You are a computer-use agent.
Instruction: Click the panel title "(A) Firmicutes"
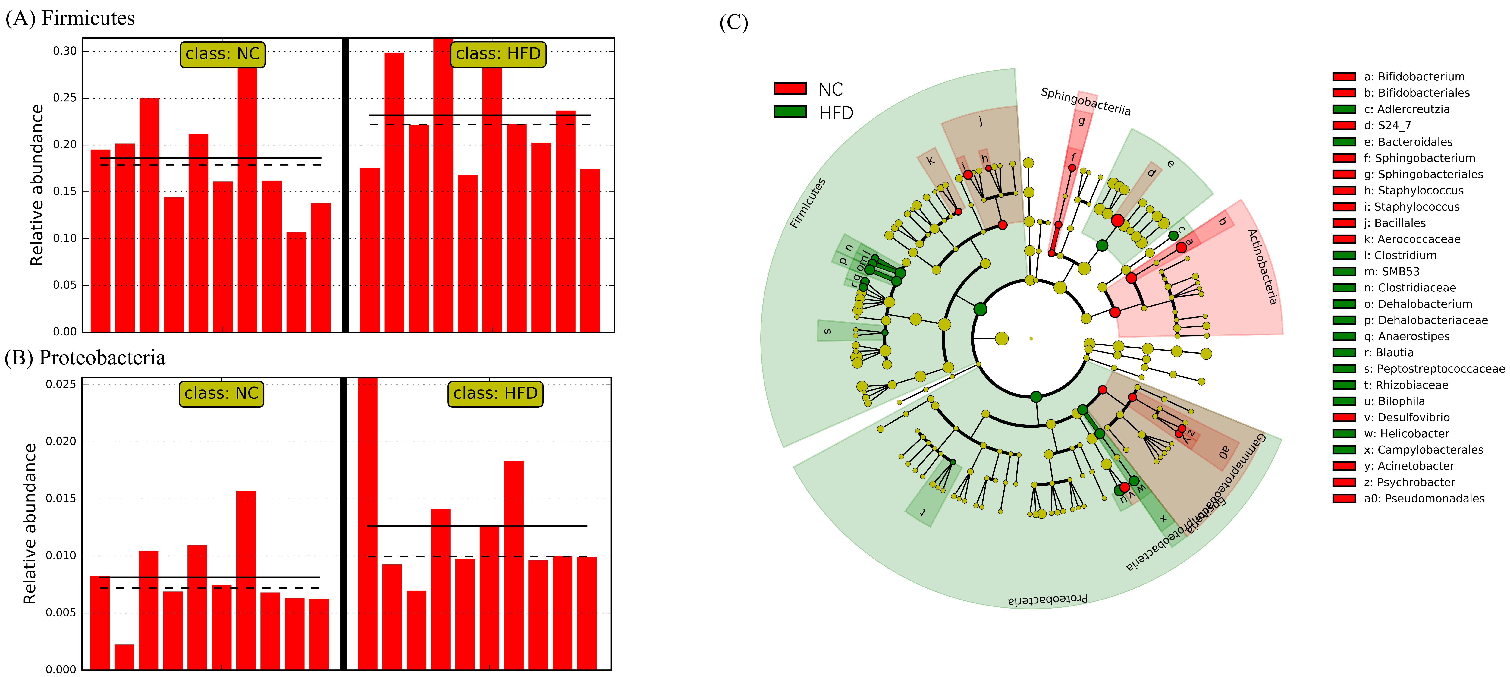coord(70,18)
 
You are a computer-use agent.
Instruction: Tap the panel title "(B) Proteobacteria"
coord(85,357)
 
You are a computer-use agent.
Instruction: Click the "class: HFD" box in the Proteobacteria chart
coord(495,393)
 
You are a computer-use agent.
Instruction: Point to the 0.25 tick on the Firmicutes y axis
coord(64,98)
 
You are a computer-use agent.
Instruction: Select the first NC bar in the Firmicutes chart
coord(100,240)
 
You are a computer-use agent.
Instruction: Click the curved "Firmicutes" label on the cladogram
coord(808,203)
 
